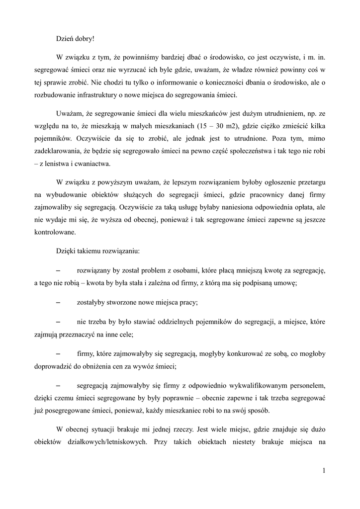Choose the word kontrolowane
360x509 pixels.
pyautogui.click(x=55, y=231)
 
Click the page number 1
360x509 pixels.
pyautogui.click(x=323, y=471)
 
